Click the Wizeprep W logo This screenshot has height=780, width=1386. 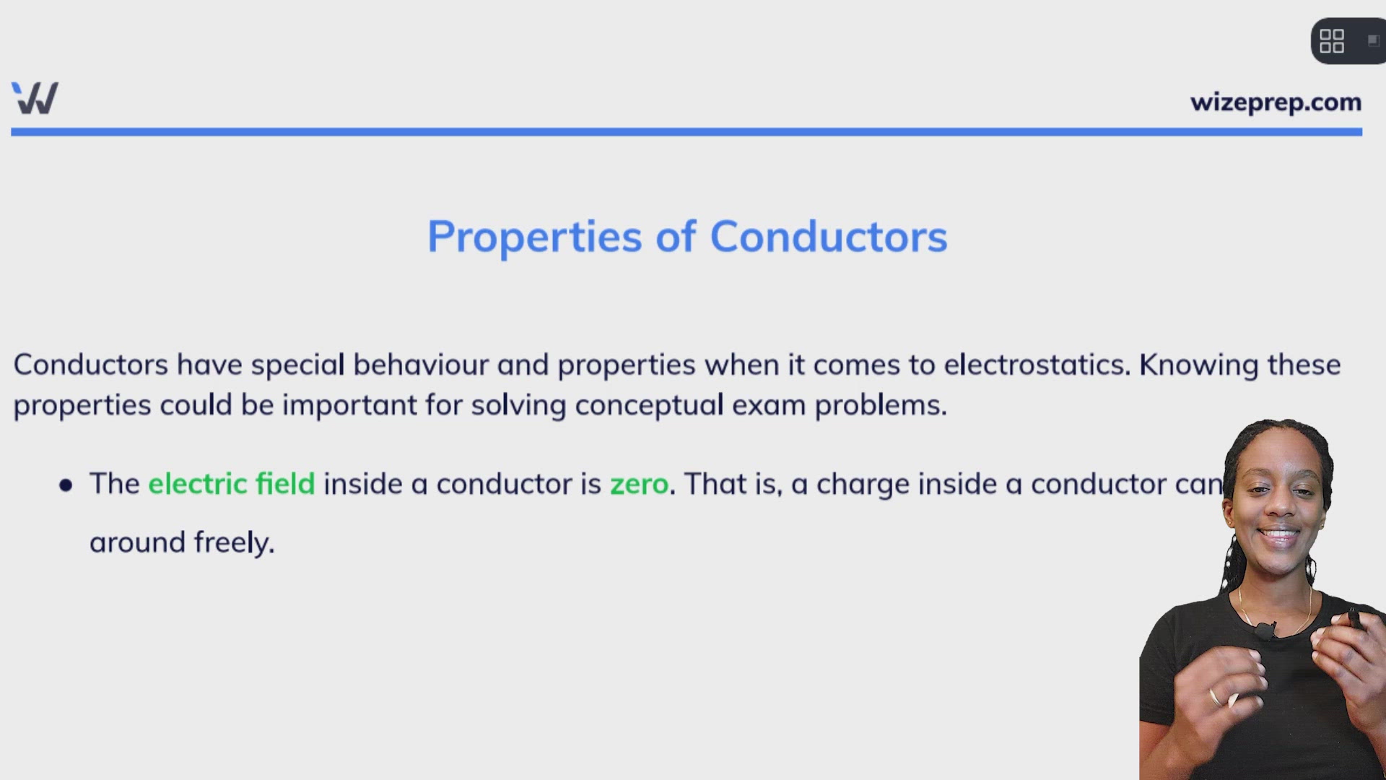pos(35,98)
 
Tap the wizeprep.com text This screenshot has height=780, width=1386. pos(1276,103)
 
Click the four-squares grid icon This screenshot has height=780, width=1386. pos(1331,41)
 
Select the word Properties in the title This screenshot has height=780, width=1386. pos(534,237)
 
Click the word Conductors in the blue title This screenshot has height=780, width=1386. pos(828,237)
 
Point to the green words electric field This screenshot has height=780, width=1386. pos(231,484)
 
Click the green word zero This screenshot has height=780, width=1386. pos(639,484)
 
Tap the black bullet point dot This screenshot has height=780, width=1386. pos(66,485)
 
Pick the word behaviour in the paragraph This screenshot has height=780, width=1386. pos(420,365)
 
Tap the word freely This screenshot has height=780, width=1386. pos(234,542)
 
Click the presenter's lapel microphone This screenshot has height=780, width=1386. pos(1265,631)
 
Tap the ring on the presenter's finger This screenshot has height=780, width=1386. pos(1215,697)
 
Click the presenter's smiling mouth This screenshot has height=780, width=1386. pos(1278,536)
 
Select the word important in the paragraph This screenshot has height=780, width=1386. pos(349,405)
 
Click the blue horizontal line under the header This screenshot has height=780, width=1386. pos(686,132)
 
